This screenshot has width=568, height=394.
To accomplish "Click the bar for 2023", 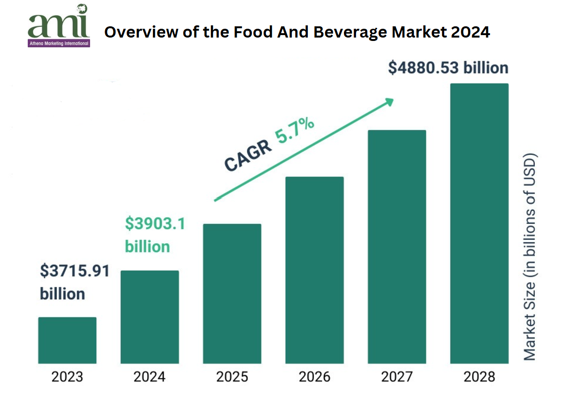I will (x=67, y=340).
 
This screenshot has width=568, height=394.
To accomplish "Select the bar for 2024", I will (x=150, y=317).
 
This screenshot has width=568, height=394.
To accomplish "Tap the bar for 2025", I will (x=232, y=294).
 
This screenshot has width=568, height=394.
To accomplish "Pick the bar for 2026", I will (x=315, y=270).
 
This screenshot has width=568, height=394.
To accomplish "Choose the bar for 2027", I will (x=397, y=247).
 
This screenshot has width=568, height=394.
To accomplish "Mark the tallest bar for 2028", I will (x=479, y=223).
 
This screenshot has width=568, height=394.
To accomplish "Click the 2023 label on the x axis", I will (x=67, y=376).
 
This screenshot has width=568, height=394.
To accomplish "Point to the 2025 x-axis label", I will (x=232, y=376).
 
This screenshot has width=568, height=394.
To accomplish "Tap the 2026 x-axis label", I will (x=315, y=376).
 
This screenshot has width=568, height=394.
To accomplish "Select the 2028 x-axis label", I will (x=479, y=376).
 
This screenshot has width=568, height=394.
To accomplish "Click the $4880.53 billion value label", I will (x=448, y=68).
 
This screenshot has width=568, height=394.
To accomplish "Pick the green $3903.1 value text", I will (x=155, y=224).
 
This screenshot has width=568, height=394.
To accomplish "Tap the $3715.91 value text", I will (x=75, y=271).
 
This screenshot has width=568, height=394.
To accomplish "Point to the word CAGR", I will (x=248, y=157).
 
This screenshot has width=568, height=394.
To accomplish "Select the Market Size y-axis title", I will (x=530, y=257).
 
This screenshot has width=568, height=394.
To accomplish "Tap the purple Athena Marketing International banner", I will (x=59, y=43).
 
